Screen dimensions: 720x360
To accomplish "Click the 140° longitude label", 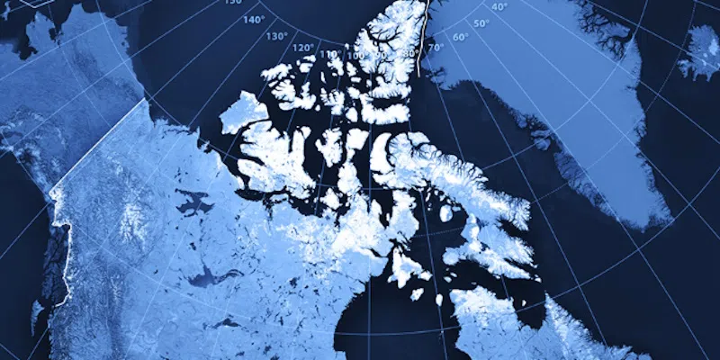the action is point(254,19).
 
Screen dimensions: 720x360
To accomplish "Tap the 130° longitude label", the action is point(276,36).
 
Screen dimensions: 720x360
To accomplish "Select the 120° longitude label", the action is point(302,48).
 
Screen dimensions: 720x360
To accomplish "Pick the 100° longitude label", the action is point(356,56).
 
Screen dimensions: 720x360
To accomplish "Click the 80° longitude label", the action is point(408,53).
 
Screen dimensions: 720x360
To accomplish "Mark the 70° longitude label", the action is point(436,47).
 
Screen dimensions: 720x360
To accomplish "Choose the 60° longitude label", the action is point(461,37).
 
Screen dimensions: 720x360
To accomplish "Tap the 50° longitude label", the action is point(481,23).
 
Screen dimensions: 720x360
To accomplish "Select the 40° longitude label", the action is point(499,7).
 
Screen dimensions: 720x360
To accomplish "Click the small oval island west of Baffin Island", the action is point(446,212).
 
